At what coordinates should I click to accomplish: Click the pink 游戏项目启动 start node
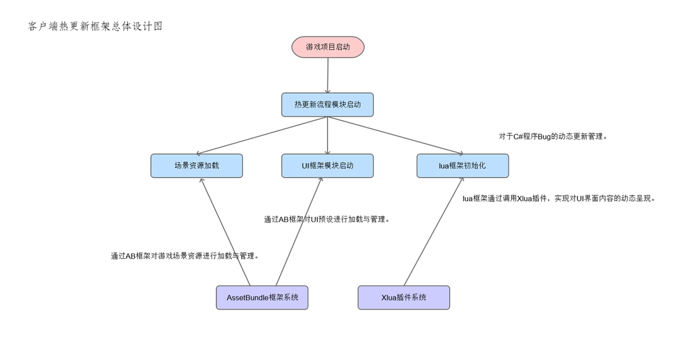327,47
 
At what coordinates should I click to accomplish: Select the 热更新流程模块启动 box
327,104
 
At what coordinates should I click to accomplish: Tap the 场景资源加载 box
196,166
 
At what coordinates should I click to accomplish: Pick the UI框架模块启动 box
327,166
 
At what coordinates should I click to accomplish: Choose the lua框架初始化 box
463,166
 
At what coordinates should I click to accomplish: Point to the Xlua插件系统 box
404,297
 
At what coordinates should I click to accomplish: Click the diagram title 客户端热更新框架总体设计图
95,26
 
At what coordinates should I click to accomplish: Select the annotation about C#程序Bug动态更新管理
553,136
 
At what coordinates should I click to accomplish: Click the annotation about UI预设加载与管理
326,220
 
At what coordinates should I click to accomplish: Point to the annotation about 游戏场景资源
184,256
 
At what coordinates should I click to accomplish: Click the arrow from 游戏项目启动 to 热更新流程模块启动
327,76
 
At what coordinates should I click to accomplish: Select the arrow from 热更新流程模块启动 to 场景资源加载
261,135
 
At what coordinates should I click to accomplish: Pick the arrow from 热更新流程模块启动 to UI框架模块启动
327,135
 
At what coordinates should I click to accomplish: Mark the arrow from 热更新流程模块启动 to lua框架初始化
395,135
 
